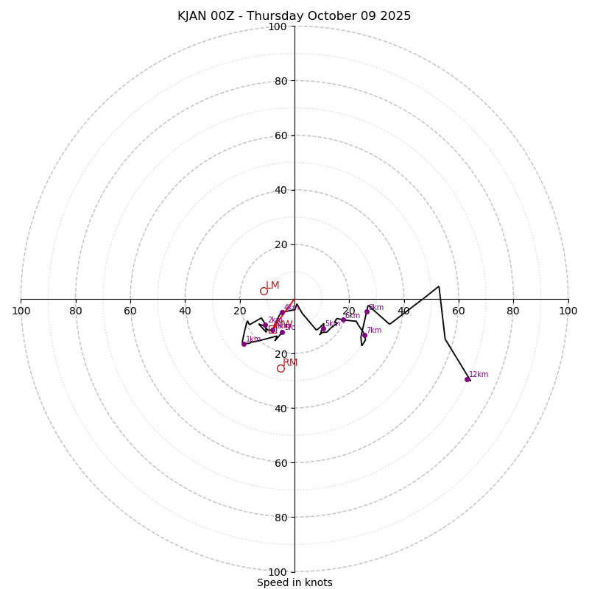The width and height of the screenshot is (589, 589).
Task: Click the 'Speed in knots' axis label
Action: coord(294,582)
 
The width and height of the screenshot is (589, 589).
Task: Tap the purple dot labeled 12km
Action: coord(467,379)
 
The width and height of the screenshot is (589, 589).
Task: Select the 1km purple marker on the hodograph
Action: coord(244,344)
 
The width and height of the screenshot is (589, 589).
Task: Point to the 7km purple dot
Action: coord(364,335)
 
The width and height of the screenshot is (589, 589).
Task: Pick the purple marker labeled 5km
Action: coord(323,328)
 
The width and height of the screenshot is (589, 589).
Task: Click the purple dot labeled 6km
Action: coord(343,320)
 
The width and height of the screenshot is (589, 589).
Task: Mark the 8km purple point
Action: coord(367,311)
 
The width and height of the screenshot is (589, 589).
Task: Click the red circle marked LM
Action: coord(264,291)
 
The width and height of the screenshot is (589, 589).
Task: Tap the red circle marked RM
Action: coord(281,368)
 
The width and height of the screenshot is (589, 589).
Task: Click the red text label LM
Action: coord(272,286)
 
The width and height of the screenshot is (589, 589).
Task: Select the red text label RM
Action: coord(290,363)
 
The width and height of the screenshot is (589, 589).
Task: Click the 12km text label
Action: coord(479,375)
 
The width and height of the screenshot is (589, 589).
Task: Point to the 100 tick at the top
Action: coord(278,27)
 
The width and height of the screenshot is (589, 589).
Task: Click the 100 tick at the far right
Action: coord(568,311)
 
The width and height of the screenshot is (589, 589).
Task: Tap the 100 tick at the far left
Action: coord(21,311)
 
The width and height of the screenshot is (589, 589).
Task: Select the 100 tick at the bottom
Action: coord(278,571)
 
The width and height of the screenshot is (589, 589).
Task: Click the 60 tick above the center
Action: coord(280,135)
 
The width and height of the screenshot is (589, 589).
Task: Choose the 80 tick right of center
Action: coord(513,311)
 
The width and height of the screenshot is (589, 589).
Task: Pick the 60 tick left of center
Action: coord(130,311)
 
